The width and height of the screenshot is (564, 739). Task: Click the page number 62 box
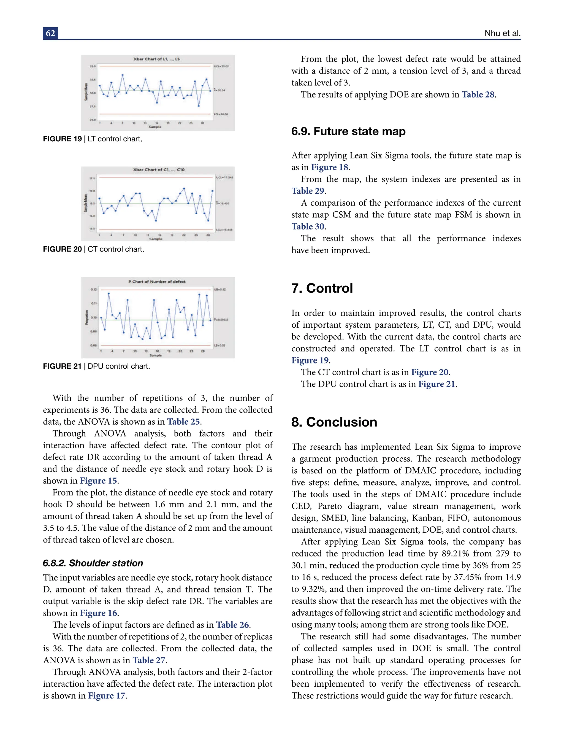click(50, 33)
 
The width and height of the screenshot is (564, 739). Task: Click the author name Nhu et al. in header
click(502, 33)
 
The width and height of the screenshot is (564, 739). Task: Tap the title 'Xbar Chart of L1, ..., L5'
click(156, 59)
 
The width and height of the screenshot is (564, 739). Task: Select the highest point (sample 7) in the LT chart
click(123, 75)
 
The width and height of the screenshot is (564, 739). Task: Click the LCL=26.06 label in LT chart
click(221, 114)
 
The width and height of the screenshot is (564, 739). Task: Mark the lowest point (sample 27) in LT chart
click(199, 106)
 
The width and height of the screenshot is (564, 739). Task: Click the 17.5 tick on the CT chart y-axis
click(92, 178)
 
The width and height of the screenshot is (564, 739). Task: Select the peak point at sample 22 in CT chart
click(184, 188)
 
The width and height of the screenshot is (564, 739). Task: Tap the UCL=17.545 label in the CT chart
click(224, 177)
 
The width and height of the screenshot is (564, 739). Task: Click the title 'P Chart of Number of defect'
click(157, 282)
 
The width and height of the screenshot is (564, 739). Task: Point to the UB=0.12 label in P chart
click(220, 289)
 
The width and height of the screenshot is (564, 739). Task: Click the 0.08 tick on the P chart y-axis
click(93, 345)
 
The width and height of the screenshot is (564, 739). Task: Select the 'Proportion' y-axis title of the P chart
click(87, 317)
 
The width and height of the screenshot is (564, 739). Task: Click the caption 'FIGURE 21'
click(62, 366)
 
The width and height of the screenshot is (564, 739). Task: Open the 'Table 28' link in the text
click(478, 95)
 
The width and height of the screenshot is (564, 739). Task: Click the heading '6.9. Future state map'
click(348, 131)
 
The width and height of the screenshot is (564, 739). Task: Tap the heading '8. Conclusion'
click(334, 422)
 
